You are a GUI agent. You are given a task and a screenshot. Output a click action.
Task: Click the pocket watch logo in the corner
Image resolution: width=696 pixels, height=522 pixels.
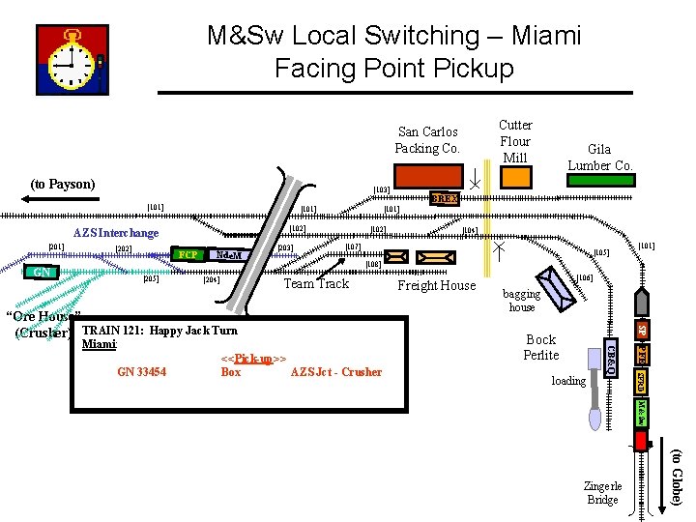(x=72, y=60)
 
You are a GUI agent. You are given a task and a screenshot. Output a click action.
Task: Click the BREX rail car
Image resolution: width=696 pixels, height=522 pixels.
(x=444, y=198)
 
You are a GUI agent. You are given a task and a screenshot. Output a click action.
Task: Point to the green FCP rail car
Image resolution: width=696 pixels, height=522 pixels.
(x=188, y=255)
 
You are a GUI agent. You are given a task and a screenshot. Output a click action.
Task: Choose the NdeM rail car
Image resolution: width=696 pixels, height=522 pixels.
(x=228, y=255)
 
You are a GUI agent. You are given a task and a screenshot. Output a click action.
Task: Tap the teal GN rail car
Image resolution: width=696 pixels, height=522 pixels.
(x=43, y=273)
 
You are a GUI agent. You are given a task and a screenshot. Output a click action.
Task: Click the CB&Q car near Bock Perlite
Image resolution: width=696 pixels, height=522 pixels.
(x=610, y=355)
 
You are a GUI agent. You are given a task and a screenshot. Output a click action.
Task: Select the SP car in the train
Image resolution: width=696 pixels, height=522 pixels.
(x=640, y=330)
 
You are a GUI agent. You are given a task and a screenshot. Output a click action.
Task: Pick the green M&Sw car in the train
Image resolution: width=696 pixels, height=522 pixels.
(x=640, y=414)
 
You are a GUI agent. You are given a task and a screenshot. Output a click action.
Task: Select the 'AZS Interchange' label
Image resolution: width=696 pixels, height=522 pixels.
(x=116, y=233)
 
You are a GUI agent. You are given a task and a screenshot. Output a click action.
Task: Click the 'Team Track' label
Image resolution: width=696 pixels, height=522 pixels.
(x=316, y=283)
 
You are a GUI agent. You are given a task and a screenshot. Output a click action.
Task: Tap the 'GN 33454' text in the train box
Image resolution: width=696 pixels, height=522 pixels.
(x=141, y=372)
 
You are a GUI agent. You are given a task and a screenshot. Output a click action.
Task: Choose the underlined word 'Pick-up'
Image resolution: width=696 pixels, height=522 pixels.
(x=253, y=359)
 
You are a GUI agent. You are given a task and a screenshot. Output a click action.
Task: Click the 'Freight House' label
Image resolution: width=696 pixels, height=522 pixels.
(x=437, y=285)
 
